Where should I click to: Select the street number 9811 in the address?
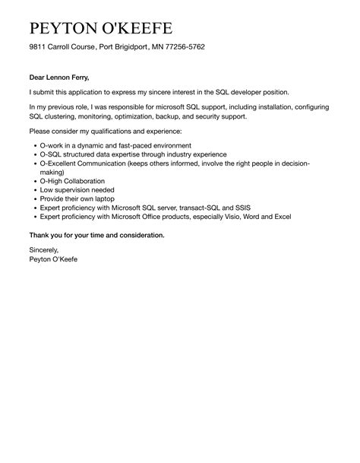(38, 47)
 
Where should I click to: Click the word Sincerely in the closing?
(43, 250)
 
